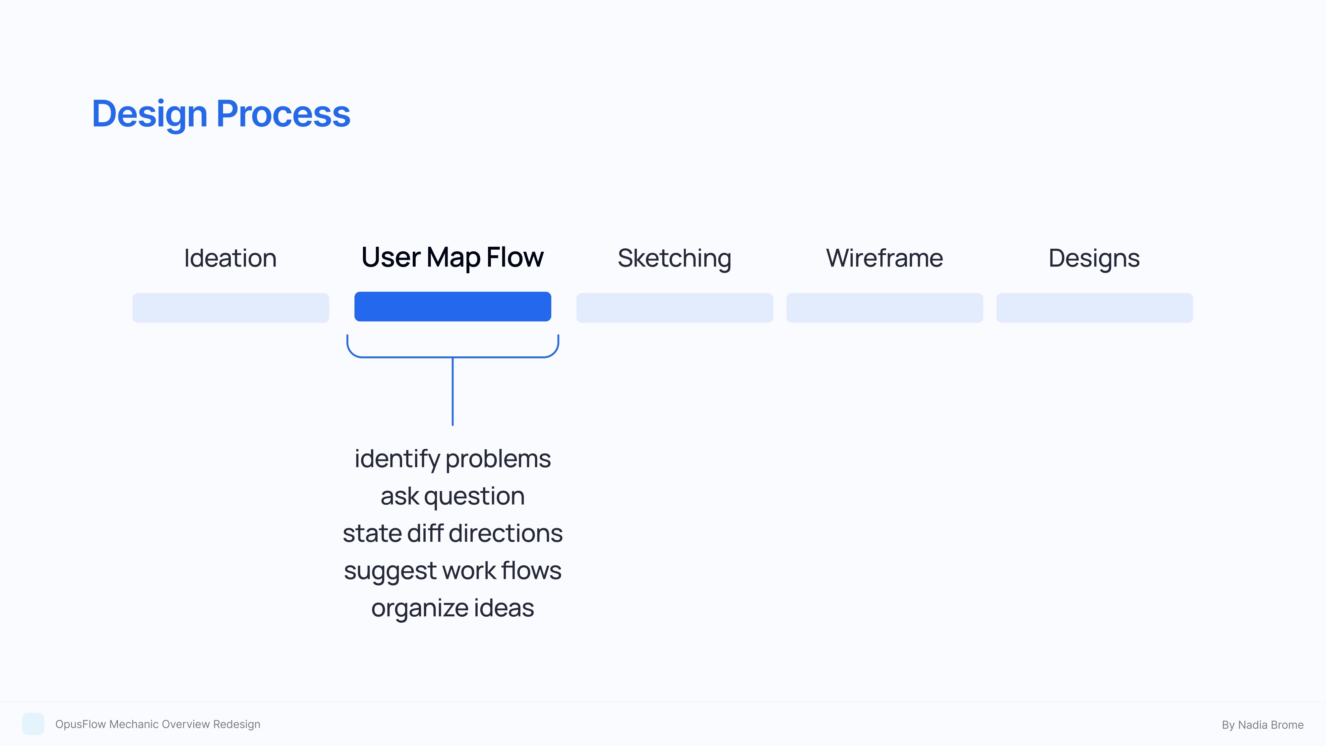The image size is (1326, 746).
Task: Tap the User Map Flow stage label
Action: (x=452, y=257)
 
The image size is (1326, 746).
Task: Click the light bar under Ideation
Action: (x=231, y=308)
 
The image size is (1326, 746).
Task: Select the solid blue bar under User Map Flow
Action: (x=452, y=307)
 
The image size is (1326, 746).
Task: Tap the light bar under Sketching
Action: (x=674, y=308)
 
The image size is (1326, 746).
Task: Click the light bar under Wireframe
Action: (x=884, y=308)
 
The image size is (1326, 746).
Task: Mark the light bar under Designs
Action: (x=1094, y=308)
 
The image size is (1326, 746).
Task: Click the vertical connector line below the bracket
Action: (x=452, y=391)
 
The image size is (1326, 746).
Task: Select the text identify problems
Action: (x=452, y=459)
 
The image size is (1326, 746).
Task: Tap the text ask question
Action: (x=452, y=496)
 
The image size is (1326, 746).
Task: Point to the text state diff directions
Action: (x=452, y=533)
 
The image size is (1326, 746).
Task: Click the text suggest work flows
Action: (x=452, y=570)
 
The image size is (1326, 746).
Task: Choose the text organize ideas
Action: (x=452, y=608)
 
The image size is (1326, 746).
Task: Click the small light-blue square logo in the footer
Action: (x=33, y=724)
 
